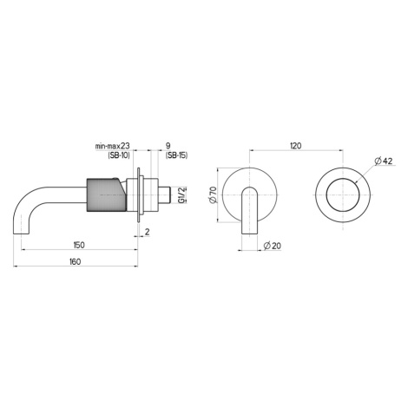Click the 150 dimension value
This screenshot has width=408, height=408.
(79, 245)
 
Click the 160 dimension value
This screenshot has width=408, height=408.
(76, 261)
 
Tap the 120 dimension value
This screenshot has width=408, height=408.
(296, 146)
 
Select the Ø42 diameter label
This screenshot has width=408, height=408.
(384, 161)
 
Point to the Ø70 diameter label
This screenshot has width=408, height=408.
(213, 195)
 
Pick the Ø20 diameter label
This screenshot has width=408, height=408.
(273, 246)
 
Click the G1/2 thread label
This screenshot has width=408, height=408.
(181, 195)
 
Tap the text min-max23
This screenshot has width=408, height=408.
(113, 146)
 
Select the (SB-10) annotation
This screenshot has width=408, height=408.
(119, 155)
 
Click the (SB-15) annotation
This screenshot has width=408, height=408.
(176, 155)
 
